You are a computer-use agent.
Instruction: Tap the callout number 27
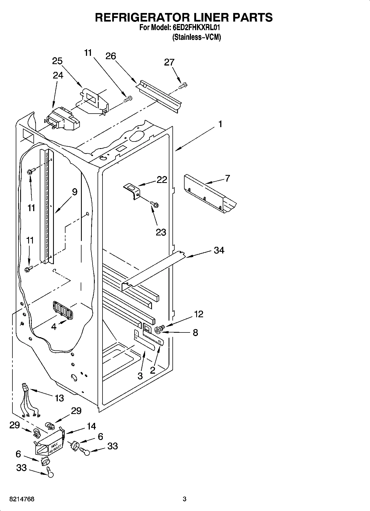(x=169, y=62)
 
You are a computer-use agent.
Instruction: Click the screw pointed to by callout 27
(x=183, y=86)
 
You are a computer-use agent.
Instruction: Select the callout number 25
(x=57, y=61)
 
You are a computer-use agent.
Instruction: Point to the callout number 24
(x=58, y=75)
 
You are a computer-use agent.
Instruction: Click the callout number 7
(x=227, y=179)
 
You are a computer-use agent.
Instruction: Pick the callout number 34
(x=219, y=250)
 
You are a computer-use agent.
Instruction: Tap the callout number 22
(x=162, y=180)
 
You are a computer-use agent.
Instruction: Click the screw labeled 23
(x=154, y=205)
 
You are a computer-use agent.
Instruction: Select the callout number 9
(x=75, y=192)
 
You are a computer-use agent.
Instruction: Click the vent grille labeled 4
(x=62, y=310)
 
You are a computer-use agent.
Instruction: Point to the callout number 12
(x=198, y=314)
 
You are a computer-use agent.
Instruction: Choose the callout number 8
(x=195, y=332)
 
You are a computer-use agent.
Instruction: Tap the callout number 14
(x=91, y=426)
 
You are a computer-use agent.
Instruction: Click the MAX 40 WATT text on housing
(x=54, y=446)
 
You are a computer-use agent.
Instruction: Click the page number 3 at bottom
(x=185, y=499)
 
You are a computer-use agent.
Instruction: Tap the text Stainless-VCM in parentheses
(x=196, y=37)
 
